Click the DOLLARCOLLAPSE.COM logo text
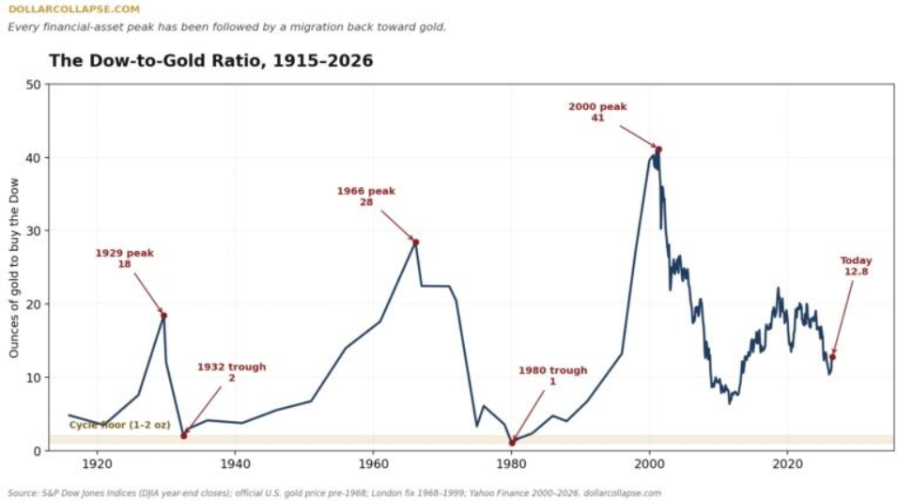tap(74, 9)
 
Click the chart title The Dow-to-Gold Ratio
tap(210, 61)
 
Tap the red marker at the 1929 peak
tap(163, 316)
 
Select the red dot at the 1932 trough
tap(184, 436)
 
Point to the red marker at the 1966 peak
tap(416, 243)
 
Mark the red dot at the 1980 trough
tap(512, 443)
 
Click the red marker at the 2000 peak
tap(658, 149)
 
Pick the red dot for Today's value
tap(832, 356)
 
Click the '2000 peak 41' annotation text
tap(597, 112)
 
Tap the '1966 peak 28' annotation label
tap(365, 196)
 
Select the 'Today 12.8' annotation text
tap(856, 266)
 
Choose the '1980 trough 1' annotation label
tap(552, 376)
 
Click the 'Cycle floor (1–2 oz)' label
tap(119, 425)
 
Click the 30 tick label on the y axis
tap(34, 230)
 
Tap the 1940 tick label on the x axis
tap(235, 463)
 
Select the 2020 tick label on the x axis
tap(787, 463)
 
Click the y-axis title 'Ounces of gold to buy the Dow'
tap(14, 267)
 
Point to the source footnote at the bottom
tap(334, 493)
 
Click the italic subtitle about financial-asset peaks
tap(226, 27)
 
